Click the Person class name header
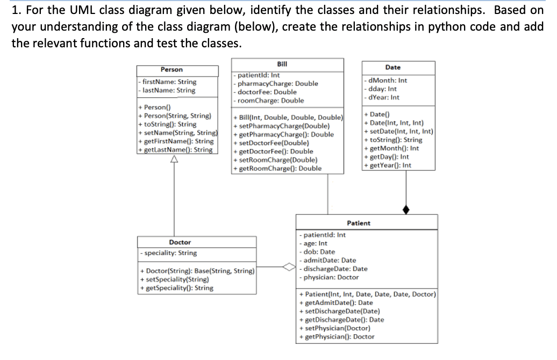click(172, 70)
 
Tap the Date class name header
click(393, 67)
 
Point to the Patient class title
click(359, 223)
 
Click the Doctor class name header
click(180, 242)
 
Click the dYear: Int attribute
click(383, 97)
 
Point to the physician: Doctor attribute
click(331, 277)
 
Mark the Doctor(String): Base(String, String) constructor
click(196, 271)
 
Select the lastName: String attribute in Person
click(168, 90)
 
